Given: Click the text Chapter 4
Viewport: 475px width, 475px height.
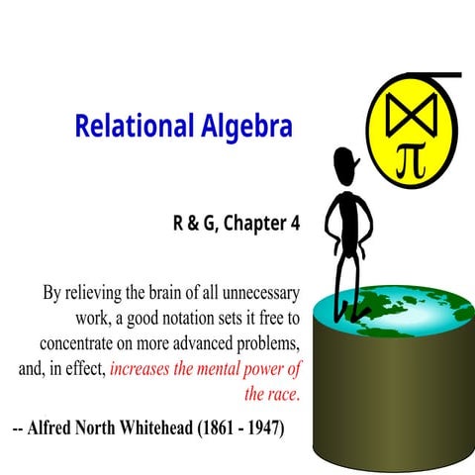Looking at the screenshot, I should [x=262, y=223].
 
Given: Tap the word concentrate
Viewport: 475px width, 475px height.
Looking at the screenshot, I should [x=86, y=344].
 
